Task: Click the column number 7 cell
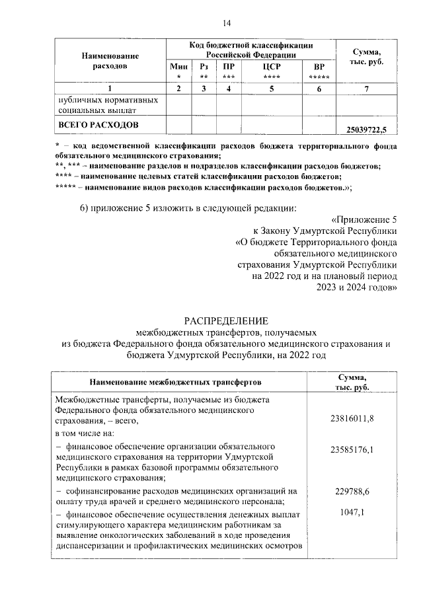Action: tap(367, 89)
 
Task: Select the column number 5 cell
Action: tap(268, 89)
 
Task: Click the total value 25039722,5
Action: tap(367, 129)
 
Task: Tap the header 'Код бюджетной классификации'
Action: tap(250, 45)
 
